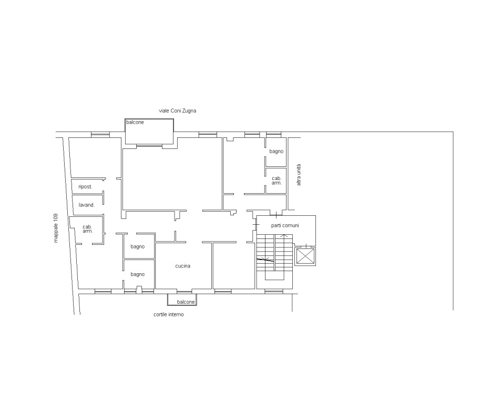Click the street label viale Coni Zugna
tap(177, 111)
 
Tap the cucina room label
tap(183, 266)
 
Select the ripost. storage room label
tap(85, 187)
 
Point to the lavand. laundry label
tap(87, 205)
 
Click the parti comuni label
tap(285, 225)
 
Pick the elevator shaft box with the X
tap(305, 256)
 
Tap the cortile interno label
tap(169, 314)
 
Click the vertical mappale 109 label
tap(56, 228)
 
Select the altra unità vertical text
tap(299, 175)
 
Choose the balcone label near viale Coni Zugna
tap(135, 122)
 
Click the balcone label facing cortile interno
tap(186, 302)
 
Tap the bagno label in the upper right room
tap(277, 151)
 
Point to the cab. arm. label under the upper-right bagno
tap(277, 181)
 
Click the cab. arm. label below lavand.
tap(88, 229)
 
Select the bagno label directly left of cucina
tap(138, 246)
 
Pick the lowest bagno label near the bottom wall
tap(138, 274)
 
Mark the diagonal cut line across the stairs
tap(265, 260)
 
